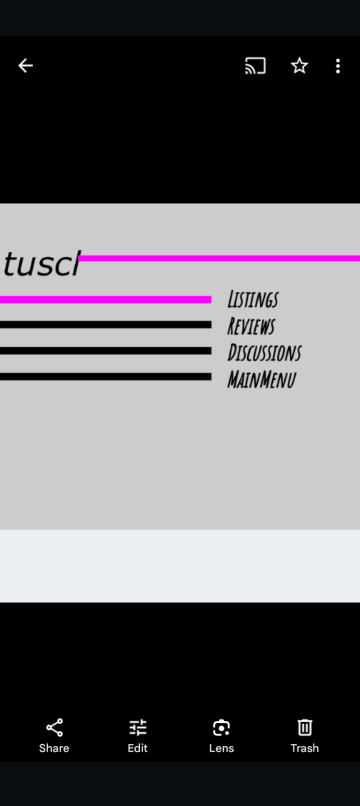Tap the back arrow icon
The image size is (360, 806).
click(26, 66)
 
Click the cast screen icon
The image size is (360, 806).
click(256, 66)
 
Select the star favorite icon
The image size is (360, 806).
click(299, 66)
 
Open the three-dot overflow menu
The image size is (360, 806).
click(337, 66)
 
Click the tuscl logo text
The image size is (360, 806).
click(42, 264)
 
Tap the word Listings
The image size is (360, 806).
click(253, 300)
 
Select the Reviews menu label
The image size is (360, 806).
click(251, 326)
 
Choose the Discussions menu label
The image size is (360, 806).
click(264, 353)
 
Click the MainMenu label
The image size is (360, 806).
click(261, 380)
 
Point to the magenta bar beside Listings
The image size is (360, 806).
click(106, 300)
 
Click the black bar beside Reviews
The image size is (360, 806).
click(106, 325)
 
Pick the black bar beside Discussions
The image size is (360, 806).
click(106, 351)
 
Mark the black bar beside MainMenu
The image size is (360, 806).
click(106, 376)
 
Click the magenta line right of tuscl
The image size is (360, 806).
click(219, 258)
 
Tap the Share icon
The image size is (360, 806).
click(54, 728)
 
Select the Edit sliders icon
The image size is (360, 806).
click(137, 728)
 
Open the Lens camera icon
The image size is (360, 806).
click(221, 728)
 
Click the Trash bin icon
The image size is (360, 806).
click(304, 728)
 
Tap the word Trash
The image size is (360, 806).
click(304, 748)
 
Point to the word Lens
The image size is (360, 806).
click(221, 748)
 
